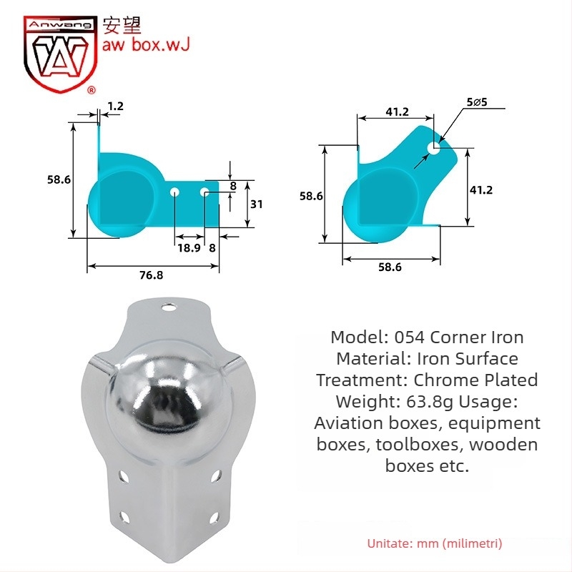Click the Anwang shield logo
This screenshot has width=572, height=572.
pyautogui.click(x=60, y=54)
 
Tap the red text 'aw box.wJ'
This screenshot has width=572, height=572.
pyautogui.click(x=146, y=44)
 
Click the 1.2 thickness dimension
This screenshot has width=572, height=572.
pyautogui.click(x=116, y=106)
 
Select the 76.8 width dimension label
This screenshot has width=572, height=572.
pyautogui.click(x=152, y=275)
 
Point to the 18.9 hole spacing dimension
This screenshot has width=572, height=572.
pyautogui.click(x=189, y=248)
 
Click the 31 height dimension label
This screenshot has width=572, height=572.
pyautogui.click(x=257, y=204)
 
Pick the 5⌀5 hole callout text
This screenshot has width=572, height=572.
pyautogui.click(x=477, y=102)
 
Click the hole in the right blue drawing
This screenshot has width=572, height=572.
pyautogui.click(x=434, y=148)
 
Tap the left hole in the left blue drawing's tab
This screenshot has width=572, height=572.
pyautogui.click(x=174, y=192)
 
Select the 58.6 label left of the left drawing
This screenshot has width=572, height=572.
pyautogui.click(x=59, y=179)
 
